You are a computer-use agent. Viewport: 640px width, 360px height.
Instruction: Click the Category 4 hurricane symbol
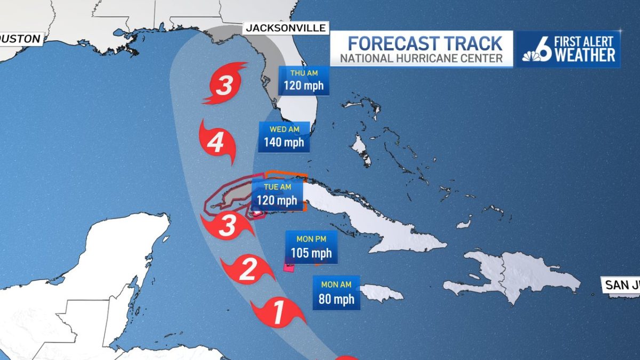click(217, 143)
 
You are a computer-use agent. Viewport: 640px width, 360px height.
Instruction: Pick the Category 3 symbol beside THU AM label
click(225, 85)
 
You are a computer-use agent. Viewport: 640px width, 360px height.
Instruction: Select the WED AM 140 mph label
click(284, 137)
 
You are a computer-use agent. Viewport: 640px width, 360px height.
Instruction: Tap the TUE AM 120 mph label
click(277, 195)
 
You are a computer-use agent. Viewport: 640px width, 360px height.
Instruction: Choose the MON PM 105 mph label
click(311, 247)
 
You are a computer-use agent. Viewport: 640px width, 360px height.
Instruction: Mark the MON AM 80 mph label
click(336, 293)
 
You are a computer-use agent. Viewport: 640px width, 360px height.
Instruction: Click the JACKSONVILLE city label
click(285, 28)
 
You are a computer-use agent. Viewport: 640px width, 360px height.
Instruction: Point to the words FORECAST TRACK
click(425, 43)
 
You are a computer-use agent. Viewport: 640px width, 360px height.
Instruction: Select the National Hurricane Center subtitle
click(421, 58)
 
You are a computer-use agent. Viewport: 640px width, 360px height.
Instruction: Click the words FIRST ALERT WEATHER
click(585, 49)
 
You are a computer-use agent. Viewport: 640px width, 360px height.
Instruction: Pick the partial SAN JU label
click(621, 285)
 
